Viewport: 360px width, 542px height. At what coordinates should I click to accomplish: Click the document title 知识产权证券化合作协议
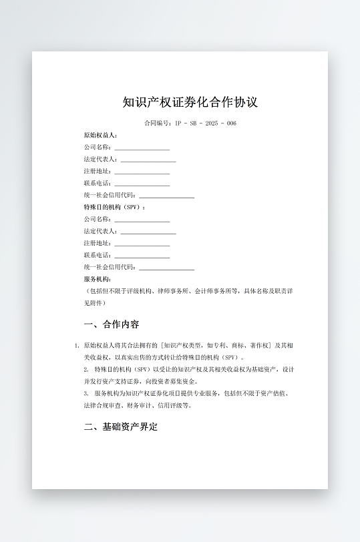190,102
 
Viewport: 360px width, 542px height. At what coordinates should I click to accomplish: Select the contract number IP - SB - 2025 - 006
206,123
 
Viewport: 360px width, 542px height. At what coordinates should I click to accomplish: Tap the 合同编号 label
158,123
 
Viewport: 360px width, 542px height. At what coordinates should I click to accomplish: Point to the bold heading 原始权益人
100,135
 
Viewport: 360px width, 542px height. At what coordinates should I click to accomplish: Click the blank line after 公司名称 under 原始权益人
142,148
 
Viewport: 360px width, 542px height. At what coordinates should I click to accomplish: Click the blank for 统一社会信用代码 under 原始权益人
166,196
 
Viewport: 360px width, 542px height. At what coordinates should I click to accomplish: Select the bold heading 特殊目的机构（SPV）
114,208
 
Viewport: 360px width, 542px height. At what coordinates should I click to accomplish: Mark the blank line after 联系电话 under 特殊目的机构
142,256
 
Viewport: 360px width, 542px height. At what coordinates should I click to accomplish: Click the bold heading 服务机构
97,279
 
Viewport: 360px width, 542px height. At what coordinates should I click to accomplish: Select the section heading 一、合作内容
112,325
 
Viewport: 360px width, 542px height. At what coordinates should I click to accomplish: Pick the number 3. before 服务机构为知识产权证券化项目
87,394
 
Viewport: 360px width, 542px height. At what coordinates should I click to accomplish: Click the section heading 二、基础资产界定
121,427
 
